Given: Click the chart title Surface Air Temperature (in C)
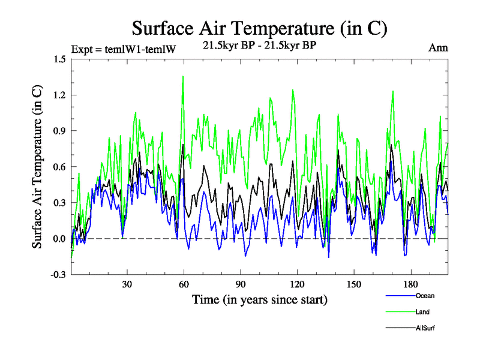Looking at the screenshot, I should click(x=260, y=28).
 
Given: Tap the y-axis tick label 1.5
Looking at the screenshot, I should click(x=59, y=59).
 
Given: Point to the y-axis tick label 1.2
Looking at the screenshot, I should click(x=59, y=95).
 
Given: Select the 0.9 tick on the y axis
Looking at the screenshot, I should click(x=59, y=131).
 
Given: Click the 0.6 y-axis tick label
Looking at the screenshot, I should click(x=59, y=167).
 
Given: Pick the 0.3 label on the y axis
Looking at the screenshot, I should click(x=59, y=203).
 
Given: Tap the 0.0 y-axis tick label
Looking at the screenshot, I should click(x=59, y=239).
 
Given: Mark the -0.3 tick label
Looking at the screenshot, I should click(x=58, y=275).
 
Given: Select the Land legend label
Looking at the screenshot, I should click(x=422, y=312).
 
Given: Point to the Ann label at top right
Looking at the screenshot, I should click(x=438, y=48).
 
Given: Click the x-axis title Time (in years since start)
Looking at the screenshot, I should click(x=259, y=299).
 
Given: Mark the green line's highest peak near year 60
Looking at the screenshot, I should click(x=182, y=77).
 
